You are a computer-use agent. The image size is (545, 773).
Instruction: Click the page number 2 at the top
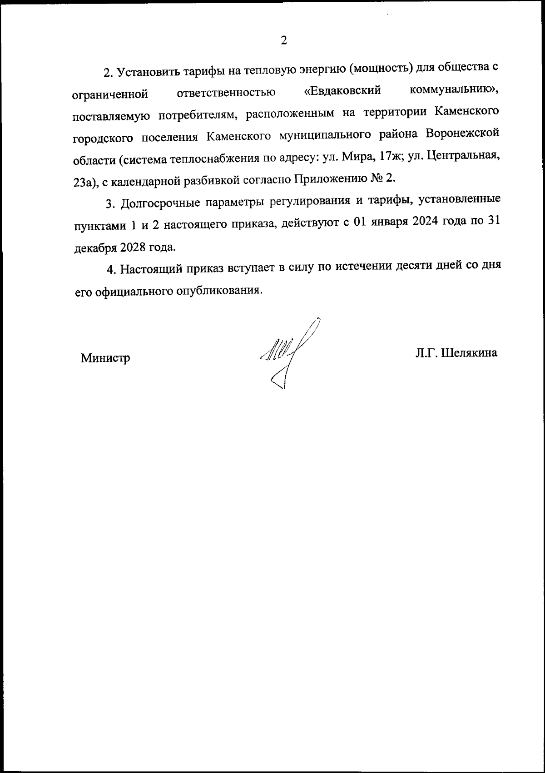point(284,41)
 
